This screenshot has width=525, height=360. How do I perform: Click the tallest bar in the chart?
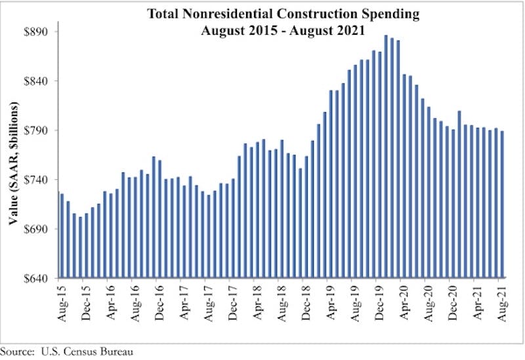[x=386, y=157]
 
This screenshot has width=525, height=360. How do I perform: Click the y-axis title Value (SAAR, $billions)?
[x=14, y=164]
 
